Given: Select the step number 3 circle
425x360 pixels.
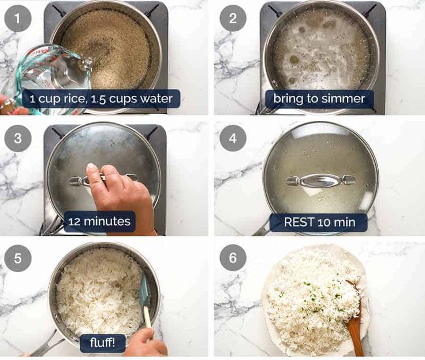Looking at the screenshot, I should click(17, 138).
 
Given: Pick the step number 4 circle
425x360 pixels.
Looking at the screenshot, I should click(233, 138).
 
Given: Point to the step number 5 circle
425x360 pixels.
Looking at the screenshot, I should click(17, 258).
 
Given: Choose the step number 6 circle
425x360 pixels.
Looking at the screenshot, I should click(233, 258).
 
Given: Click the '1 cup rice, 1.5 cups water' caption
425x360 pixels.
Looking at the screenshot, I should click(101, 99).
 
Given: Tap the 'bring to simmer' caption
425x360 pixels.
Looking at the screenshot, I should click(319, 99).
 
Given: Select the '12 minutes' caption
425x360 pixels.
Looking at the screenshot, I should click(99, 221).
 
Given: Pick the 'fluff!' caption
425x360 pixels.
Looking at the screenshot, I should click(102, 342).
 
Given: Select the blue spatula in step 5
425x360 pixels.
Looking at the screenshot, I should click(144, 298).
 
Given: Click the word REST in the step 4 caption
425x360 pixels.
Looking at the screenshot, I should click(299, 221).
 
